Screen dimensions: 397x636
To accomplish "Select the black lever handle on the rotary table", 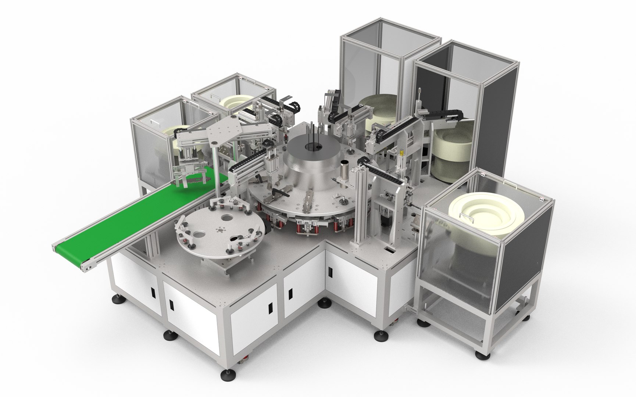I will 278,193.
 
